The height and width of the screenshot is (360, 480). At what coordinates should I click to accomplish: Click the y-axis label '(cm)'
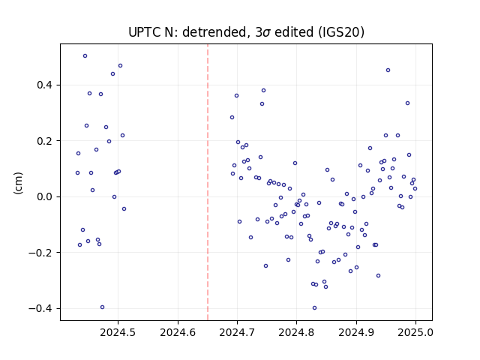(18, 183)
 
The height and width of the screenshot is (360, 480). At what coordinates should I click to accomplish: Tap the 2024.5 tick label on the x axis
(118, 332)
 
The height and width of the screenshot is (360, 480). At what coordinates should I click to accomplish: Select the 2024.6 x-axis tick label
(178, 332)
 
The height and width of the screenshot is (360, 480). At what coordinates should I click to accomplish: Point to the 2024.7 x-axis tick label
(237, 332)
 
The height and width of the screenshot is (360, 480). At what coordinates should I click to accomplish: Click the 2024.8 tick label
(296, 332)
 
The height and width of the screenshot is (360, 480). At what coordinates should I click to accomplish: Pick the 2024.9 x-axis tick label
(356, 332)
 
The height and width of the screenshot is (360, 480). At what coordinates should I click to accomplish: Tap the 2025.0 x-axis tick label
(415, 332)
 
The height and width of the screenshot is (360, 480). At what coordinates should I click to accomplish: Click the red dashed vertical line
(208, 182)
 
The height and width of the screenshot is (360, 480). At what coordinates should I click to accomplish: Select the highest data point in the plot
(85, 56)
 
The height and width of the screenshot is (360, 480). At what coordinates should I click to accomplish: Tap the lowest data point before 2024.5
(102, 307)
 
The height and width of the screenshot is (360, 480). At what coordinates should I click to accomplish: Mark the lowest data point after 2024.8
(314, 308)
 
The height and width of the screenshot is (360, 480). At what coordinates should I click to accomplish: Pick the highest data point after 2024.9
(388, 70)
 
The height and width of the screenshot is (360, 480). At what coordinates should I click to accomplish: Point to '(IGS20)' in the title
(341, 32)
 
